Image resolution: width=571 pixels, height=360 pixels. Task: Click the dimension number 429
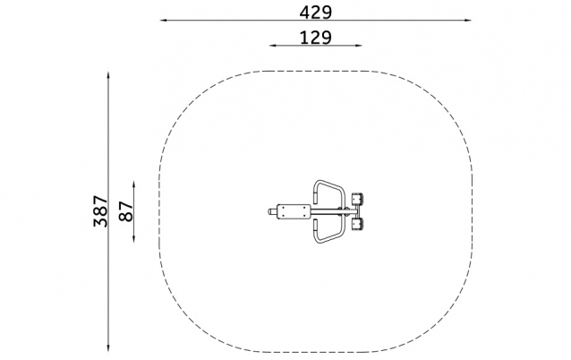316,13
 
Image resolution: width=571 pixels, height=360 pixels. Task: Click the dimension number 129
316,38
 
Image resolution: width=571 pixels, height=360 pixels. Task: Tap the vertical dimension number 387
101,211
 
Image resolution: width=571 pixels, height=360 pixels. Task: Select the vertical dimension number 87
126,211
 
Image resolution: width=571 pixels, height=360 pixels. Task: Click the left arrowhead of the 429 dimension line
163,21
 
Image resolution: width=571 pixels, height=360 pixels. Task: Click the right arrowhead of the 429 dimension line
468,21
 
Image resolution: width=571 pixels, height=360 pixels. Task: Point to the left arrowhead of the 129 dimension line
272,46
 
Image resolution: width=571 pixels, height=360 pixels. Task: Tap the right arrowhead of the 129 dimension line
359,46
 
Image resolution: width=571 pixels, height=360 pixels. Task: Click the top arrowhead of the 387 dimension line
108,75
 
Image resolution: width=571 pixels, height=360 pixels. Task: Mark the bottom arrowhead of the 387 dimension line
108,348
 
